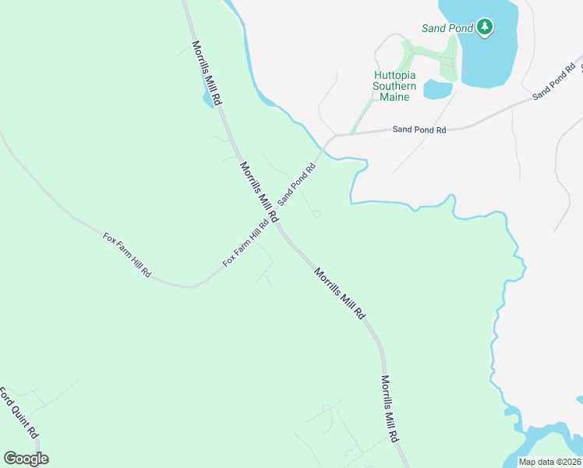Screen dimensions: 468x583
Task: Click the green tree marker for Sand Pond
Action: click(485, 28)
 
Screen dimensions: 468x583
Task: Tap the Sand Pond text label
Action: click(447, 28)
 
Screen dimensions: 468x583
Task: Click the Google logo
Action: click(26, 459)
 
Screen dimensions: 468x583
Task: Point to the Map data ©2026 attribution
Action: click(550, 462)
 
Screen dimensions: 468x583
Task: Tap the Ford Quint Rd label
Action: click(19, 413)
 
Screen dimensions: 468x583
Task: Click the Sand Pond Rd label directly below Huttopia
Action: click(419, 130)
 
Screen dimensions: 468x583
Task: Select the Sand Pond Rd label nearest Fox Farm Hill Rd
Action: click(298, 183)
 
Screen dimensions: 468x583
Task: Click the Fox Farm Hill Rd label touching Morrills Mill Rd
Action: click(246, 242)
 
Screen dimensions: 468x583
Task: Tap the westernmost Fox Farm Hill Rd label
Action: click(127, 255)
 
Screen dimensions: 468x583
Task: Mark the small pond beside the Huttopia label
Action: click(437, 90)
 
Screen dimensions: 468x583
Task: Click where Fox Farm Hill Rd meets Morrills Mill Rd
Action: click(275, 223)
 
